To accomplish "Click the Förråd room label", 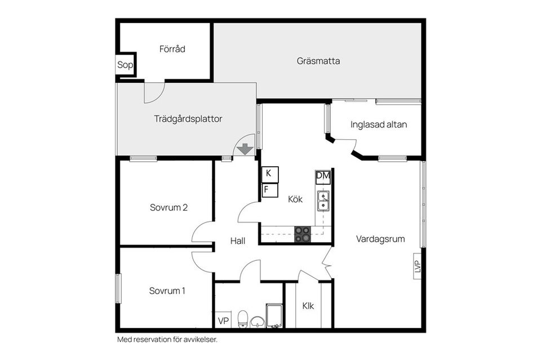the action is point(172,49).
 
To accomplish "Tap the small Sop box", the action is point(125,65).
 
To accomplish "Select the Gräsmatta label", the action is point(318,61).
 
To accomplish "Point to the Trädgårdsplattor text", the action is point(188,119).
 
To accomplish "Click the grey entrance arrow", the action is point(245,149).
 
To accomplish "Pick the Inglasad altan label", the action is point(379,125).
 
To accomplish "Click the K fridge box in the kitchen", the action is point(270,175).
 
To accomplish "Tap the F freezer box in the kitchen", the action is point(270,190).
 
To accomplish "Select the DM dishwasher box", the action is point(323,177).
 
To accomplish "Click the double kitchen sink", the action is point(323,201).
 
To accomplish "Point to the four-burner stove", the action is point(302,234).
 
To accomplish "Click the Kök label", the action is point(295,199).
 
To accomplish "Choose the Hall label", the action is point(238,241).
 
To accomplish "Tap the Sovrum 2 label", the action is point(168,207).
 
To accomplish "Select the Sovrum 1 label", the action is point(167,291).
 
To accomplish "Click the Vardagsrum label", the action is point(380,239).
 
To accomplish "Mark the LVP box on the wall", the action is point(418,266).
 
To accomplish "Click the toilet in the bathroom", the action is point(243,319).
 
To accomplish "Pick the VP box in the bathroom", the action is point(223,321).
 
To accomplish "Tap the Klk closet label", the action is point(308,306).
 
